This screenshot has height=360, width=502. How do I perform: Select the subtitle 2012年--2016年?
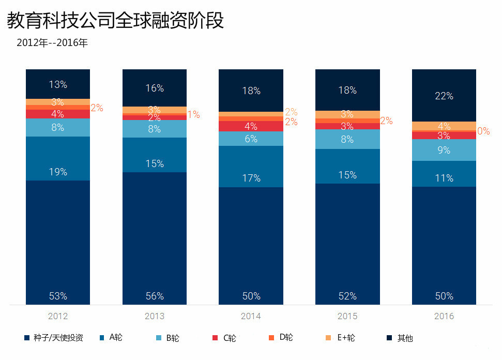click(x=52, y=43)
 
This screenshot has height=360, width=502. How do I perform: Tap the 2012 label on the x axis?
click(x=58, y=316)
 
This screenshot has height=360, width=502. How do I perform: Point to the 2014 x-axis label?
click(x=251, y=316)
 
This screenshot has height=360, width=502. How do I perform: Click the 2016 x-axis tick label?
click(x=444, y=316)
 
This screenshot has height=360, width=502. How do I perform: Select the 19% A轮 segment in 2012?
click(x=58, y=159)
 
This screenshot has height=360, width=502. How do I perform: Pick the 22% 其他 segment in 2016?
click(x=444, y=96)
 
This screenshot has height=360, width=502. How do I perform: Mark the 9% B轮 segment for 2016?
click(x=444, y=151)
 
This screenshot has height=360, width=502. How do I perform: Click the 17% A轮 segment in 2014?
click(x=251, y=167)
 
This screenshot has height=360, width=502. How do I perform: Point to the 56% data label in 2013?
click(x=155, y=296)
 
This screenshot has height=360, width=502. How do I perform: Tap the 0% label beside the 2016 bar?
click(x=483, y=131)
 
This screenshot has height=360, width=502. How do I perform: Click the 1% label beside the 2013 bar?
click(x=194, y=115)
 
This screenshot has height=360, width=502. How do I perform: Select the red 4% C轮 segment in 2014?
click(x=251, y=126)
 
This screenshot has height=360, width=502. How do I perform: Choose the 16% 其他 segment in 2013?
click(x=155, y=88)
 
